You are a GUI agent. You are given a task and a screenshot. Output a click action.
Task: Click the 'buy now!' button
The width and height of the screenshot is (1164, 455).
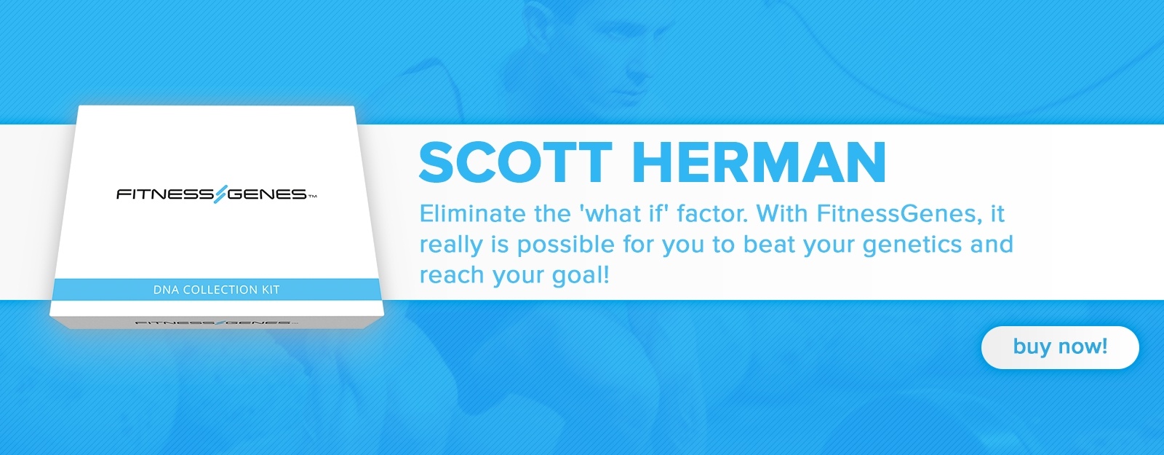(x=1059, y=347)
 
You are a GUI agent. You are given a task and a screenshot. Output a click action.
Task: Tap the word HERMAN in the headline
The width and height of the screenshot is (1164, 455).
(x=760, y=162)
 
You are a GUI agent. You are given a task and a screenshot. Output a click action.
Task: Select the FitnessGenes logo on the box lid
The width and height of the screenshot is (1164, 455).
(x=217, y=194)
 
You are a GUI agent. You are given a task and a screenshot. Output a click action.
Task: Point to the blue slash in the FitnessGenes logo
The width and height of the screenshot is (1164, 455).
(x=221, y=194)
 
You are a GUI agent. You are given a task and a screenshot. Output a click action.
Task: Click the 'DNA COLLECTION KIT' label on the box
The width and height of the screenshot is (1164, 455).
(x=216, y=290)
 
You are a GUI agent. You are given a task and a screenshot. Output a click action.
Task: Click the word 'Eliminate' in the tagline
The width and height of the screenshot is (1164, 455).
(x=472, y=214)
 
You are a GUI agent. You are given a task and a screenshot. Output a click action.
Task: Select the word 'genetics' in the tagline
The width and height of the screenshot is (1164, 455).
(x=912, y=245)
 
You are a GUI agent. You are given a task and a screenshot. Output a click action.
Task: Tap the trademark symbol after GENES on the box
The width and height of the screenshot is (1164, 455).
(x=312, y=197)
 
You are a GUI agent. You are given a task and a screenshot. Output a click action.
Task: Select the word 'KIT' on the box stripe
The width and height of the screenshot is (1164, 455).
(x=270, y=290)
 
